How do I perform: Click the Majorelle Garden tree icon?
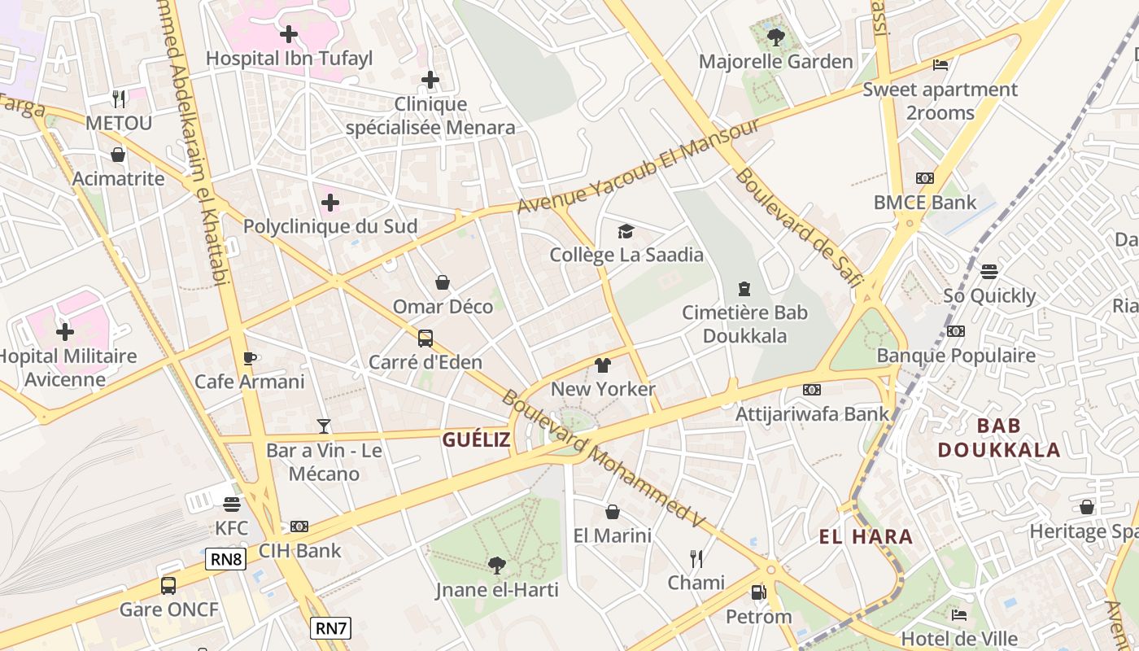775,36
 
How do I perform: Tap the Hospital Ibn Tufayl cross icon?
288,34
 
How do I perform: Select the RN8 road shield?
225,559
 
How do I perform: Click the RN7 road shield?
330,627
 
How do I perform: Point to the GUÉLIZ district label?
476,440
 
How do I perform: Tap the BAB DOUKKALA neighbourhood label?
999,438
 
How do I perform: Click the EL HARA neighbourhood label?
866,536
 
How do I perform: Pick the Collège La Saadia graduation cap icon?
626,232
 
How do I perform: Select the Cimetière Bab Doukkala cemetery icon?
744,288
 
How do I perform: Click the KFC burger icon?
232,505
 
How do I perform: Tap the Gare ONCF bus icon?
168,585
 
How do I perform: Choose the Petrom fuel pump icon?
758,592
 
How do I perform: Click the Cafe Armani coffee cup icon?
250,358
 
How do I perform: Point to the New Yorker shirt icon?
602,365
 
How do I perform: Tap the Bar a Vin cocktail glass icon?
324,426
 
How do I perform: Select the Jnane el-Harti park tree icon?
496,565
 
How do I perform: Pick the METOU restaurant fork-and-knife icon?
120,99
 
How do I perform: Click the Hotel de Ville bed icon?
959,614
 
